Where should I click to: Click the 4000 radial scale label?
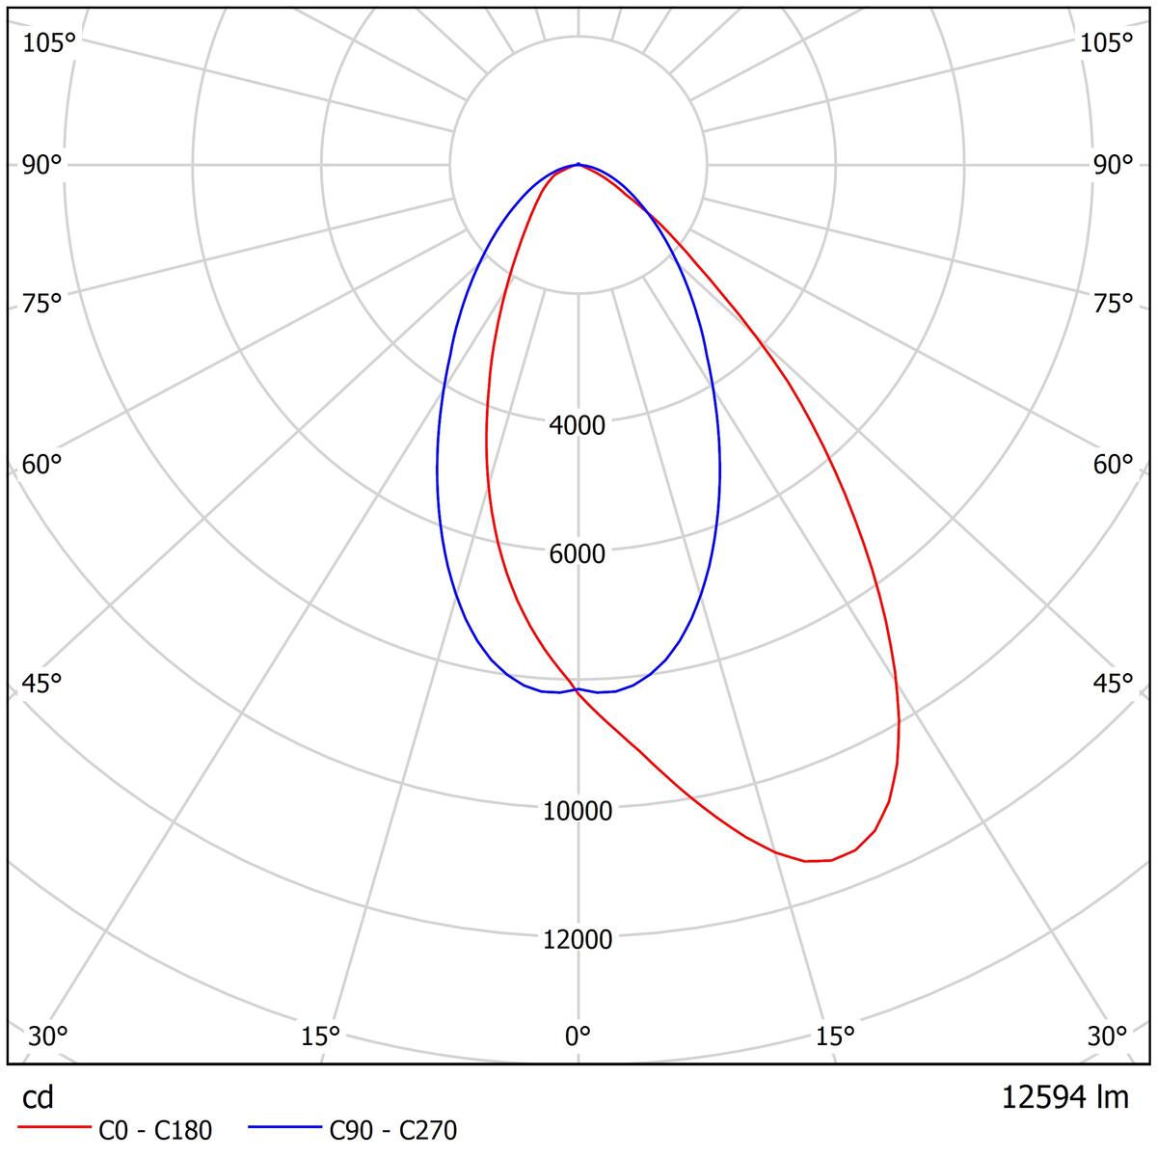(578, 424)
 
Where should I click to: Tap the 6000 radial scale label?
(578, 553)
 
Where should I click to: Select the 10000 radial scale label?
(578, 811)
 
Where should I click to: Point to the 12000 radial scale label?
(578, 939)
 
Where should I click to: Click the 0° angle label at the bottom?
(578, 1036)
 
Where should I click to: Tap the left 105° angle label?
(48, 42)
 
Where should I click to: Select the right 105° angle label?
(1106, 42)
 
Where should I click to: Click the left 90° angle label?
(42, 165)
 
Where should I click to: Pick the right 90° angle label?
(1114, 165)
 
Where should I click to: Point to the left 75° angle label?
(42, 304)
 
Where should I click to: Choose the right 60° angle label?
(1114, 465)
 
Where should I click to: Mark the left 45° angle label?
(42, 684)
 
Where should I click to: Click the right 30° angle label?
(1108, 1036)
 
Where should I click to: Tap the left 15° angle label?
(321, 1036)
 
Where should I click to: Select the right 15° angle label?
(835, 1036)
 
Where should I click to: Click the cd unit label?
(39, 1098)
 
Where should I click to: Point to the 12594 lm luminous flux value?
(1064, 1097)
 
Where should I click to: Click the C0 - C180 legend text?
(155, 1130)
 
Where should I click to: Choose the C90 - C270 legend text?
(393, 1130)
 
